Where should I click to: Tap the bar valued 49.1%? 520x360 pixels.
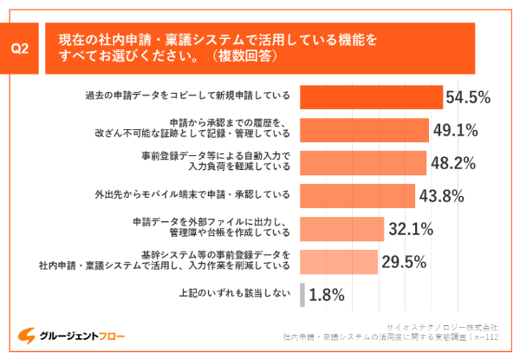click(364, 129)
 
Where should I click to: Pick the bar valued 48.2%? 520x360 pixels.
click(362, 162)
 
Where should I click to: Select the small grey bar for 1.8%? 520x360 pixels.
click(302, 295)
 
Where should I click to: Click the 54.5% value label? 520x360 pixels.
click(469, 97)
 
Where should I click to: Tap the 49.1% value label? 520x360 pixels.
click(456, 130)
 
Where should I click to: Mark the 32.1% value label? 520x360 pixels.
click(411, 230)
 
